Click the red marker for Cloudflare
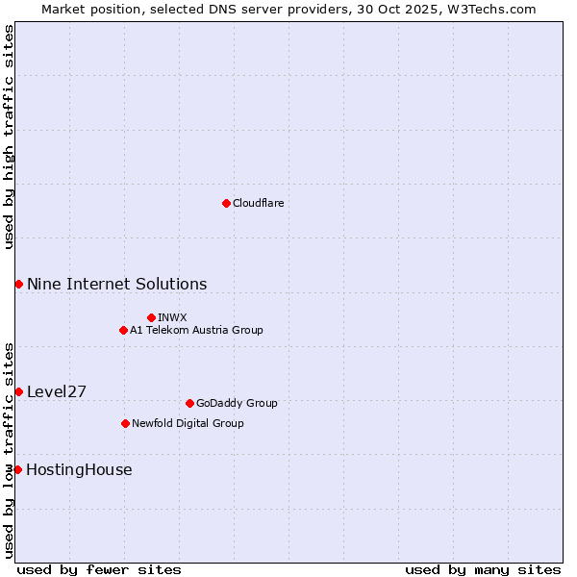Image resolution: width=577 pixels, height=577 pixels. pos(226,203)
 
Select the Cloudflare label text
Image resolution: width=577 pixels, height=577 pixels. pos(258,203)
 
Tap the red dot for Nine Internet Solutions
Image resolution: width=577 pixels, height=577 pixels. pos(18,284)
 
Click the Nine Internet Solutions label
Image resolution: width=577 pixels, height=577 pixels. pos(116,284)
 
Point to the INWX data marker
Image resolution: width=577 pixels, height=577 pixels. pos(151,317)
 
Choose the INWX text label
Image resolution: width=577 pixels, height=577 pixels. pos(172,317)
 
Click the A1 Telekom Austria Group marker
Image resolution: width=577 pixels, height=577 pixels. pos(123,330)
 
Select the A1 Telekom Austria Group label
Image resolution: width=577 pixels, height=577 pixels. pos(196,330)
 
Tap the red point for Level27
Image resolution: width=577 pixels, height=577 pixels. pos(18,391)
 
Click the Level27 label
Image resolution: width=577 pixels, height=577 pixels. pos(57,391)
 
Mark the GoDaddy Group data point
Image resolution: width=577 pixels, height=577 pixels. pos(189,403)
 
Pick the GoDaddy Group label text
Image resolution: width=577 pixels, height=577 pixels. pos(237,403)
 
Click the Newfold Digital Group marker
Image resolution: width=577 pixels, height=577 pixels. pos(125,423)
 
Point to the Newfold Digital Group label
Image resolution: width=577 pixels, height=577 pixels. pos(188,423)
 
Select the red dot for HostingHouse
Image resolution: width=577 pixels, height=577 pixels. pos(17,469)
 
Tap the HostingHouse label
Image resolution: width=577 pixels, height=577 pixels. pos(79,469)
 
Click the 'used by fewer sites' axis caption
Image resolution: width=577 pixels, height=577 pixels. pos(99,569)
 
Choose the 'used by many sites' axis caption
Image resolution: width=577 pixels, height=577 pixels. pos(483,569)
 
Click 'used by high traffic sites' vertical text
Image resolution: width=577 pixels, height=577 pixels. pos(9,137)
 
